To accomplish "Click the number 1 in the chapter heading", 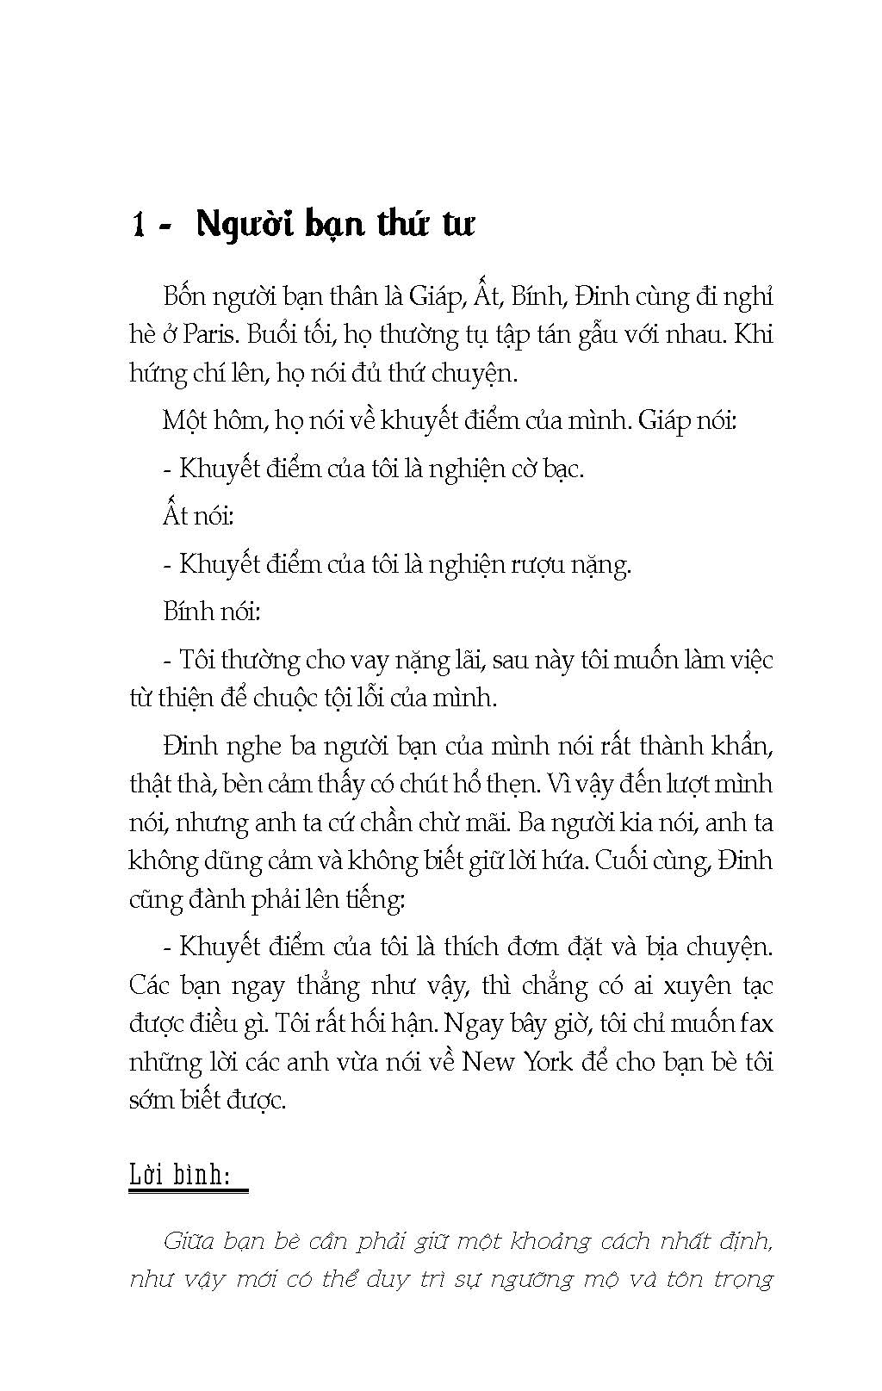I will pyautogui.click(x=139, y=225).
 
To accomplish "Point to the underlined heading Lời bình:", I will pyautogui.click(x=186, y=1175).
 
